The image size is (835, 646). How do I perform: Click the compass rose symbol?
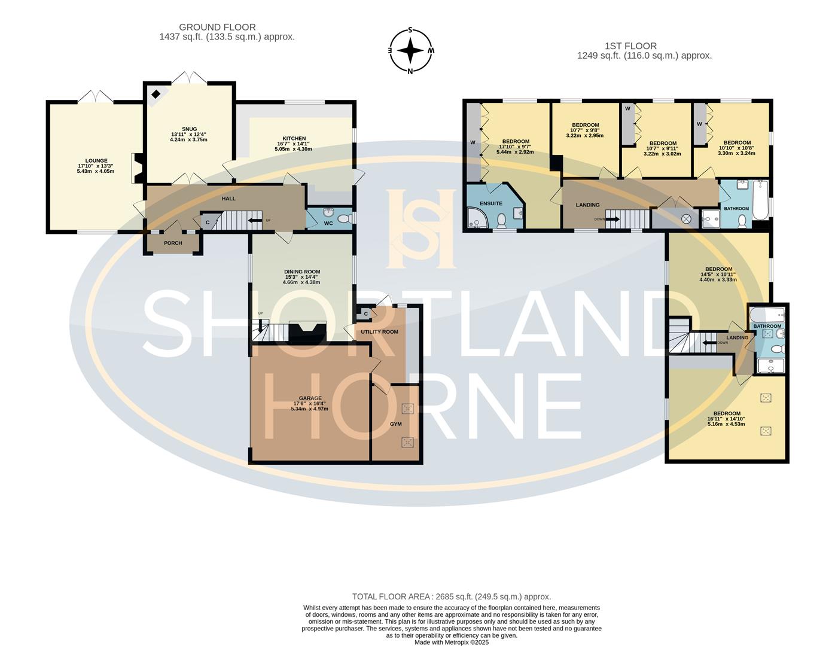[410, 50]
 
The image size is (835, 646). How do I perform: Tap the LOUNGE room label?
[96, 161]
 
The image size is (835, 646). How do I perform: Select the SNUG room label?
[190, 129]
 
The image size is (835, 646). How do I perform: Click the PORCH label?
[173, 243]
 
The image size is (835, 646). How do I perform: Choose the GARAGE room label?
[310, 398]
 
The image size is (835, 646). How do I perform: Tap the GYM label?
[396, 424]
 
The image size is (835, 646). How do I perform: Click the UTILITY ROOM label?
[379, 331]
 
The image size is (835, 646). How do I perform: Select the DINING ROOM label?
[302, 272]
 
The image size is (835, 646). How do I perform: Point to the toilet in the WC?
[345, 219]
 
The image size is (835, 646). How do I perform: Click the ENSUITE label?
[491, 203]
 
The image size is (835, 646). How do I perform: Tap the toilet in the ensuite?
[501, 221]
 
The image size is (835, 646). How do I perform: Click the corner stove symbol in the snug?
[156, 94]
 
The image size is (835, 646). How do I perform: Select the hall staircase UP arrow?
[254, 221]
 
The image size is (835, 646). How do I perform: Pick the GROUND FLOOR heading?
[217, 28]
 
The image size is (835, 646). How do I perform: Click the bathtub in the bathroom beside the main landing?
[760, 200]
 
